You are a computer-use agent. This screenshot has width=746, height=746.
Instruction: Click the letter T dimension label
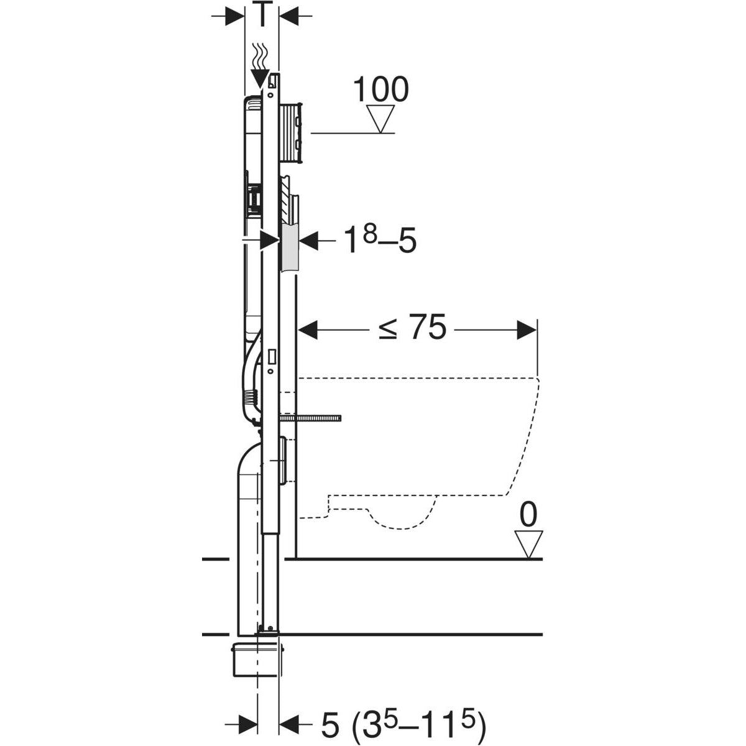pyautogui.click(x=261, y=15)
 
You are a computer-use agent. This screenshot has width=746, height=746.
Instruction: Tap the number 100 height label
pyautogui.click(x=380, y=90)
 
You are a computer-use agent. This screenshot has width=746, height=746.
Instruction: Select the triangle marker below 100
pyautogui.click(x=380, y=118)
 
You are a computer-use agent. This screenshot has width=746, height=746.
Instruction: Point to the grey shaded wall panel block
pyautogui.click(x=291, y=247)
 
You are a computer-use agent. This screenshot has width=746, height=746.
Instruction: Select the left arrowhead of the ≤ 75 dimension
pyautogui.click(x=309, y=330)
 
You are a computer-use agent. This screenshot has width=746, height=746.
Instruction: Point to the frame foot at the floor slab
pyautogui.click(x=270, y=630)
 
